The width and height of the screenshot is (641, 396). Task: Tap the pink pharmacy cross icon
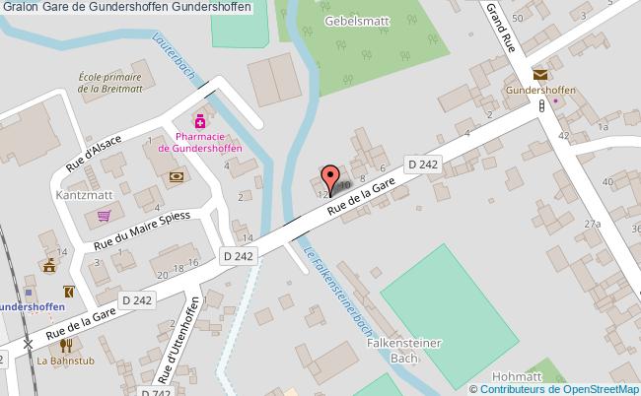pos(198,120)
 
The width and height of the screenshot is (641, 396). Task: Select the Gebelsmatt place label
pos(353,22)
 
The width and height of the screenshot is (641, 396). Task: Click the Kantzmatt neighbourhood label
pos(83,195)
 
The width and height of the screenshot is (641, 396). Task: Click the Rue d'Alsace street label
pos(94,152)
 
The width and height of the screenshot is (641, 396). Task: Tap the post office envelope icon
pos(539,75)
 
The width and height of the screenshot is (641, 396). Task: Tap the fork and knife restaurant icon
pos(66,345)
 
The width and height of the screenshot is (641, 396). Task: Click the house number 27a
pos(591,225)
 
